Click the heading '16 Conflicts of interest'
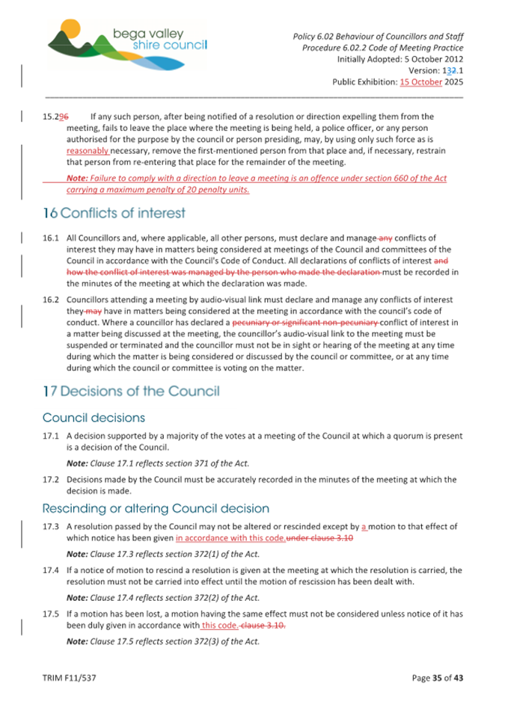point(114,214)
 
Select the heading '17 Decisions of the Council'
point(132,391)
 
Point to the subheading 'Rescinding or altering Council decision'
point(156,508)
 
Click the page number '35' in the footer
point(438,678)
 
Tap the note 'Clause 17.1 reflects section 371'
point(158,463)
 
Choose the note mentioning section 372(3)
point(162,641)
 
